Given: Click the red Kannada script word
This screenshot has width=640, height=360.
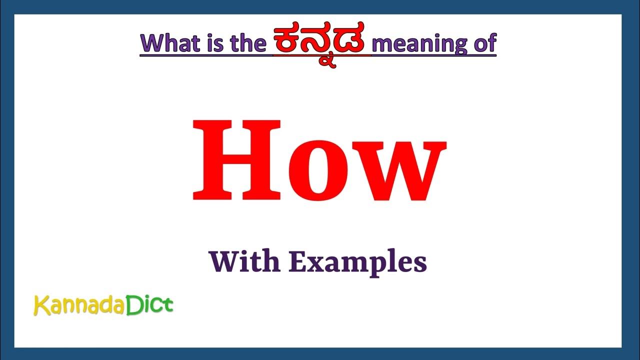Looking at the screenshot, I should point(322,44).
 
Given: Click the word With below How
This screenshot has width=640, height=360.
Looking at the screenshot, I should point(244,261).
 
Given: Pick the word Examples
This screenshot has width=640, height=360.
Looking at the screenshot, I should point(357,262).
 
